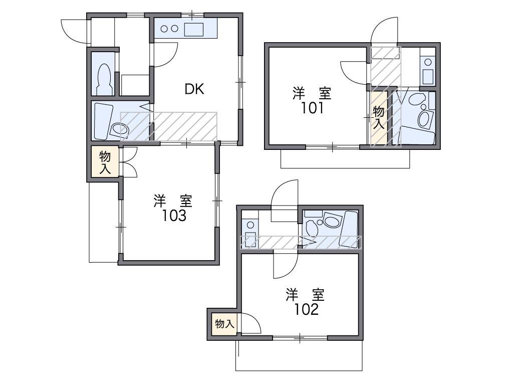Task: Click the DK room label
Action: click(194, 89)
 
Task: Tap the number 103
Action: click(175, 216)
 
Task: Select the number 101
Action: click(312, 108)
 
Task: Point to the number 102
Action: click(307, 310)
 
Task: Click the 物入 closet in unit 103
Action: click(105, 162)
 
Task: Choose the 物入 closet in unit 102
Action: click(224, 324)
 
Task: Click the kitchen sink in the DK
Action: click(194, 29)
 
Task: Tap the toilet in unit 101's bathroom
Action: click(417, 99)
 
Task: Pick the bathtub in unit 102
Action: click(348, 230)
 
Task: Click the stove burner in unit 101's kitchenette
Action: click(428, 62)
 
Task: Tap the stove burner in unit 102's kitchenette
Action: click(250, 225)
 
